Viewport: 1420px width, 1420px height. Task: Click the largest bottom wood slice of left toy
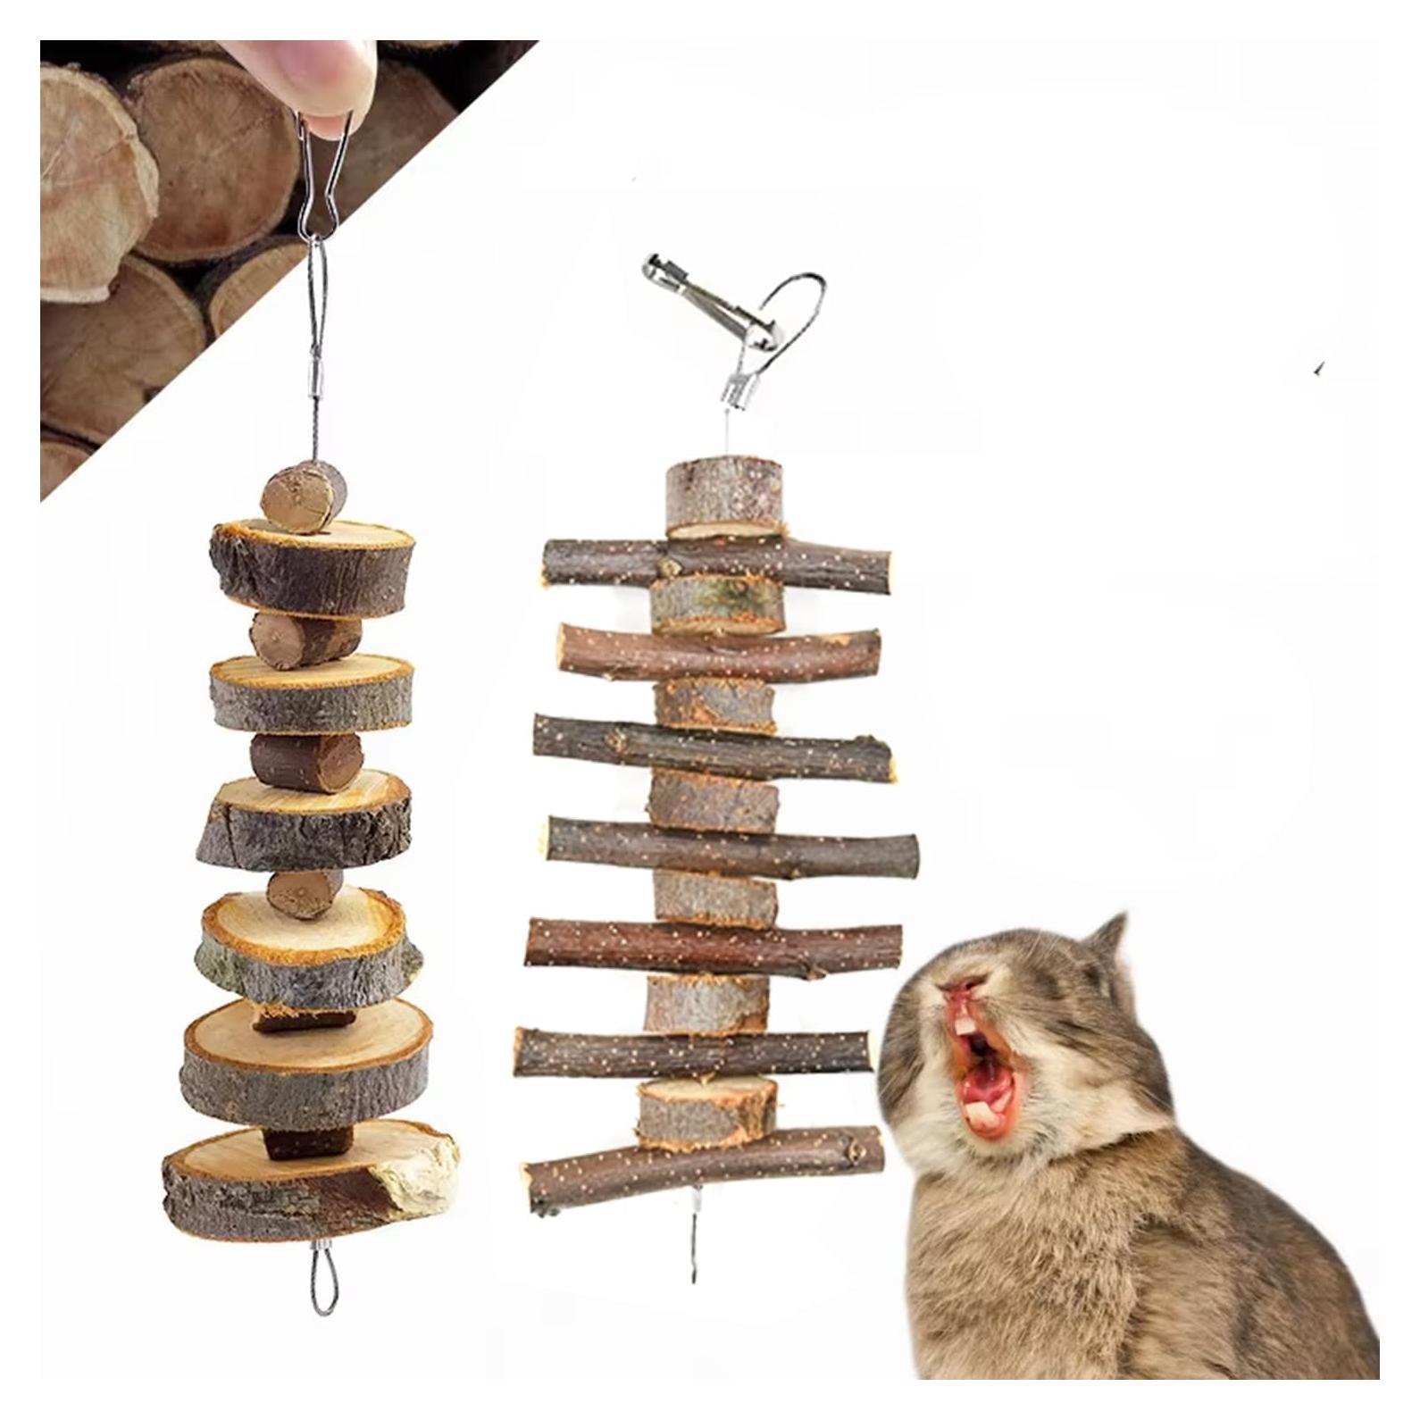tap(308, 1179)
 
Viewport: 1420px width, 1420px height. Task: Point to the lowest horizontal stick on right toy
tap(706, 1165)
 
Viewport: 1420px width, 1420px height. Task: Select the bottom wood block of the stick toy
tap(707, 1109)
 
